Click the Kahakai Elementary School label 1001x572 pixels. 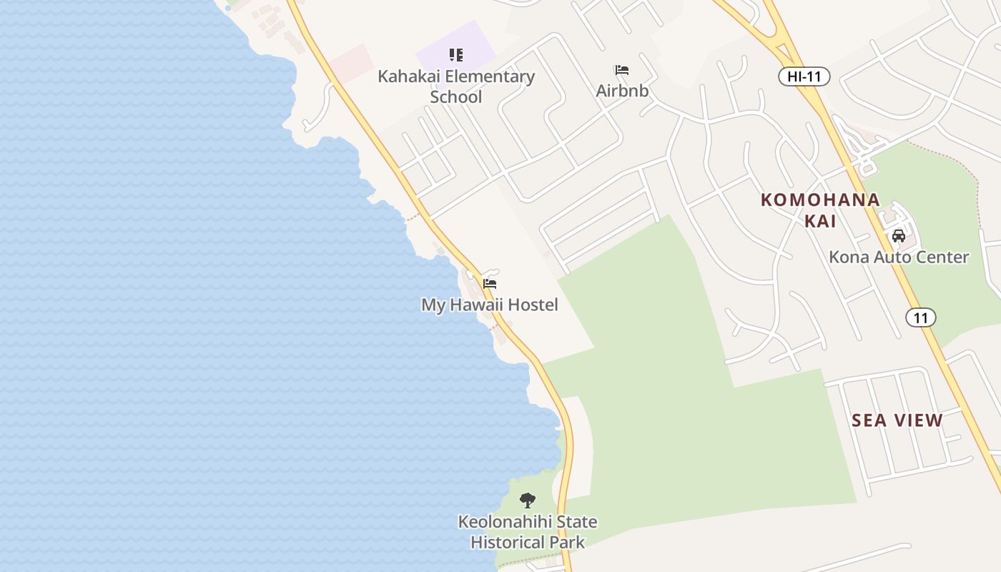[456, 86]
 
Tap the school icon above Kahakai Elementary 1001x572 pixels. [456, 55]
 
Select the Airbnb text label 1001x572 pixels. [622, 91]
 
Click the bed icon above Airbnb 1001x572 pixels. [622, 70]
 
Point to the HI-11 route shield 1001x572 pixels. [804, 77]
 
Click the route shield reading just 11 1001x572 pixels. [921, 317]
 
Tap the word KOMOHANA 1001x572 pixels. [820, 199]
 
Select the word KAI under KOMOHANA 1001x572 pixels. [820, 220]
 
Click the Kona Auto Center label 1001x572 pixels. [899, 257]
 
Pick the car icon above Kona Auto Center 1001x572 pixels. [899, 235]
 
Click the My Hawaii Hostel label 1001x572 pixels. [489, 305]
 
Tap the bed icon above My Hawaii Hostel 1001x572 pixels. [490, 284]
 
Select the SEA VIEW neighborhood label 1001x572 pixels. [897, 420]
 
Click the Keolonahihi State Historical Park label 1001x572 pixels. [528, 532]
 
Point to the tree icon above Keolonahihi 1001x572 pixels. [528, 500]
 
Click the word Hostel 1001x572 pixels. [532, 305]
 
